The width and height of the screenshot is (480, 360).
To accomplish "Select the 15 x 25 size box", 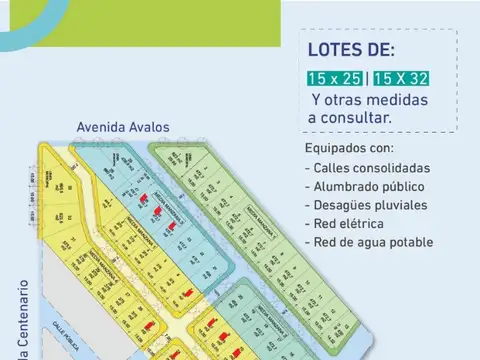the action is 335,78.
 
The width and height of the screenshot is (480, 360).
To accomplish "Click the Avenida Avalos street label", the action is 123,128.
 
